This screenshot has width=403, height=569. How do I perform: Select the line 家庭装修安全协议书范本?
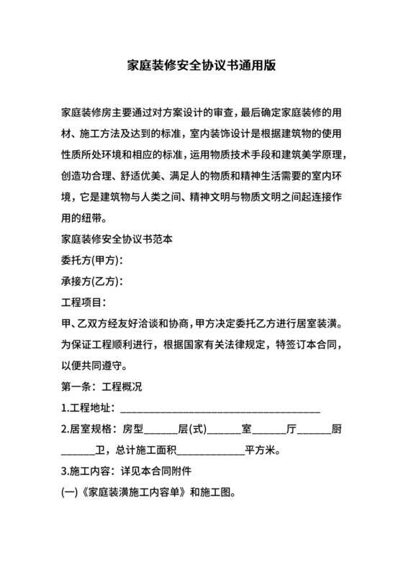(x=117, y=238)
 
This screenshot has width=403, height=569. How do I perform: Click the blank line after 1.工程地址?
(x=219, y=409)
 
